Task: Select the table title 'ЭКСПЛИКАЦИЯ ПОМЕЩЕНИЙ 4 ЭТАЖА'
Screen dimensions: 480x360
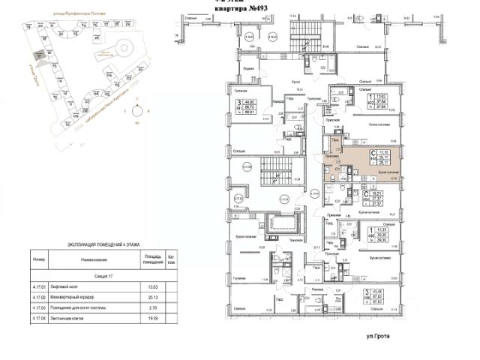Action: pyautogui.click(x=97, y=245)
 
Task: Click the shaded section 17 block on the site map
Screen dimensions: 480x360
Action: pyautogui.click(x=38, y=55)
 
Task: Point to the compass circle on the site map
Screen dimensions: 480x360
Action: pyautogui.click(x=136, y=112)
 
